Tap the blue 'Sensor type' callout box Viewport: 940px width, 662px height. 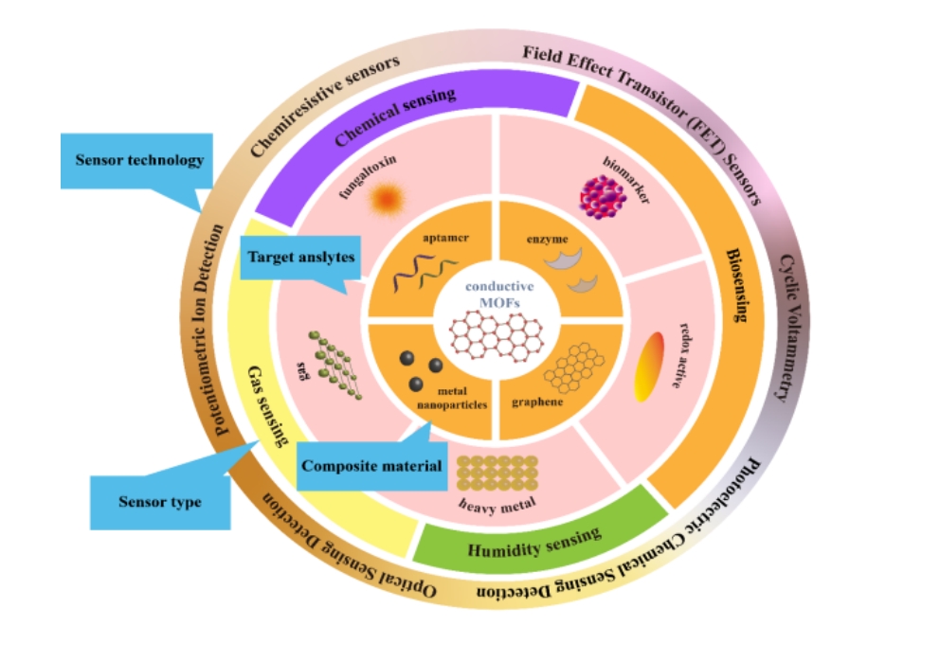(159, 502)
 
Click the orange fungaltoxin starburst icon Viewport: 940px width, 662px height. (385, 199)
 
